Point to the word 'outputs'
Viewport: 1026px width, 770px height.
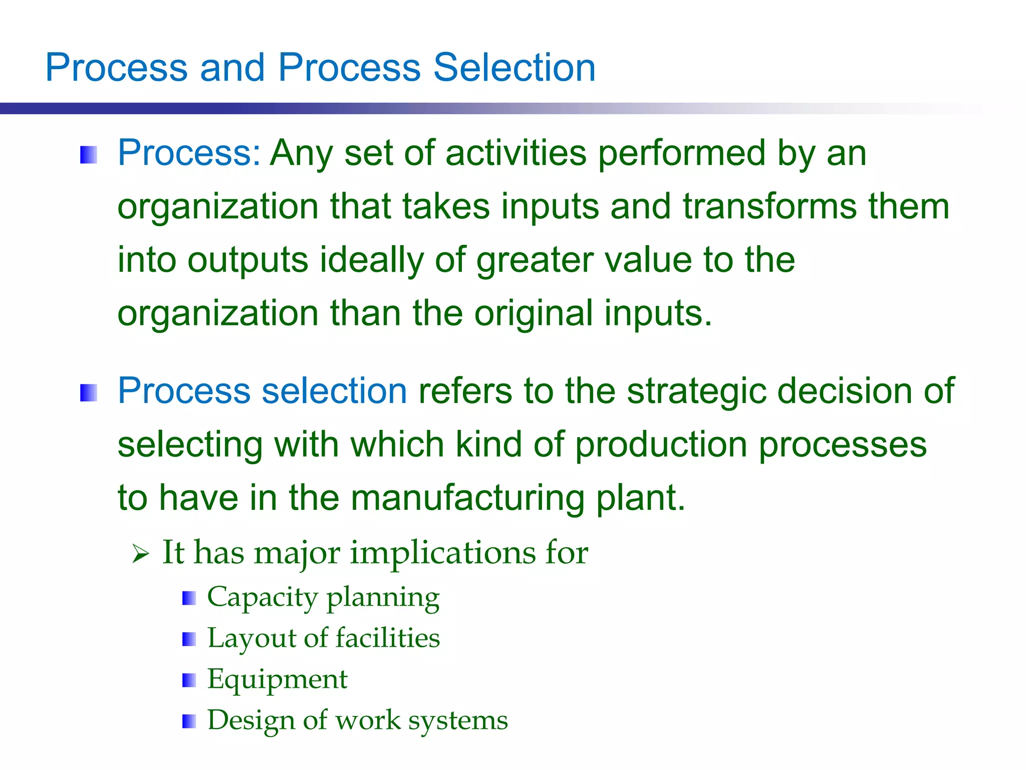pyautogui.click(x=247, y=260)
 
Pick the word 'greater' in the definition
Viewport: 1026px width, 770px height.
pyautogui.click(x=535, y=261)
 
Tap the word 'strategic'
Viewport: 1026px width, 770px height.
pyautogui.click(x=696, y=391)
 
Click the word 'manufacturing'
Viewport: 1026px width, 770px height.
pyautogui.click(x=467, y=498)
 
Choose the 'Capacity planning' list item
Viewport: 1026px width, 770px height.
pyautogui.click(x=323, y=597)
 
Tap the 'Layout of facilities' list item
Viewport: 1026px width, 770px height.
pyautogui.click(x=323, y=638)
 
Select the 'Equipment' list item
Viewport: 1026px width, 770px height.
pyautogui.click(x=277, y=679)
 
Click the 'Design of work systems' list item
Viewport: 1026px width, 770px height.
pyautogui.click(x=357, y=720)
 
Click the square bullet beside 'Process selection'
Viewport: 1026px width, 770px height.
pyautogui.click(x=88, y=393)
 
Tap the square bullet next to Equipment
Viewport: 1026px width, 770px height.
pyautogui.click(x=189, y=680)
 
